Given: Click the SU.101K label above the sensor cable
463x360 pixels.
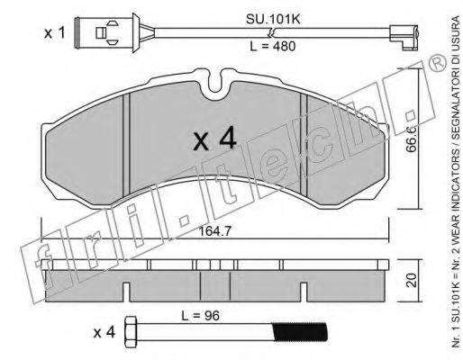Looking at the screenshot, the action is tap(273, 20).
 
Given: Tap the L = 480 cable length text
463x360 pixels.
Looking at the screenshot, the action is tap(273, 47).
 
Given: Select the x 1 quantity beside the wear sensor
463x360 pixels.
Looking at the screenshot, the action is tap(54, 33).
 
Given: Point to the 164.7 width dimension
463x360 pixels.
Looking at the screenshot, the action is tap(215, 231).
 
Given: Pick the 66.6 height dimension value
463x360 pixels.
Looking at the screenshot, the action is tap(412, 139).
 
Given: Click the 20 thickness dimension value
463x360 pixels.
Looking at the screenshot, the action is tap(412, 280).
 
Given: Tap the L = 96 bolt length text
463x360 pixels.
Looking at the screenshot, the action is tap(200, 316).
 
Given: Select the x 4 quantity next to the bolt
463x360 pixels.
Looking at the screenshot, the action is tap(104, 333).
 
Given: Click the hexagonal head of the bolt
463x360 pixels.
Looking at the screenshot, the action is tap(131, 332).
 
